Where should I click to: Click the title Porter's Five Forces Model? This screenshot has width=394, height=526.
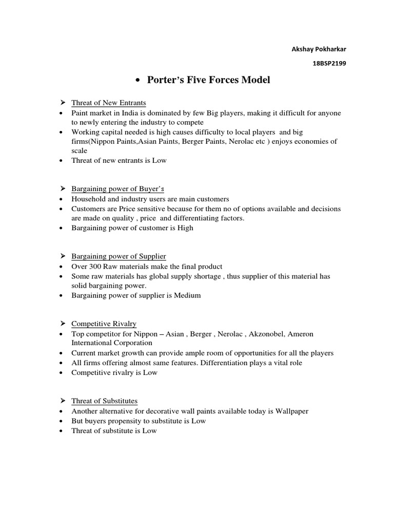click(208, 80)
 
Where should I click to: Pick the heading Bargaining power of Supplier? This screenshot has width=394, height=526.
click(119, 256)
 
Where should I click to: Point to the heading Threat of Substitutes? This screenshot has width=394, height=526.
click(104, 401)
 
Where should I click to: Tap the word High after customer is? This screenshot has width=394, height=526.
click(185, 228)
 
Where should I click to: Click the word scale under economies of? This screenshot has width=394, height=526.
click(80, 151)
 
